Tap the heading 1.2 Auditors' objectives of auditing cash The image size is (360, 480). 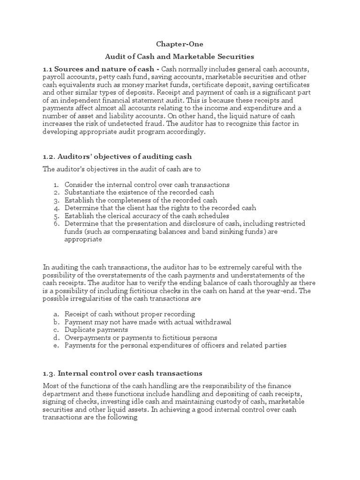click(117, 156)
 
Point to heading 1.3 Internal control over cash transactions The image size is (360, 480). click(122, 373)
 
